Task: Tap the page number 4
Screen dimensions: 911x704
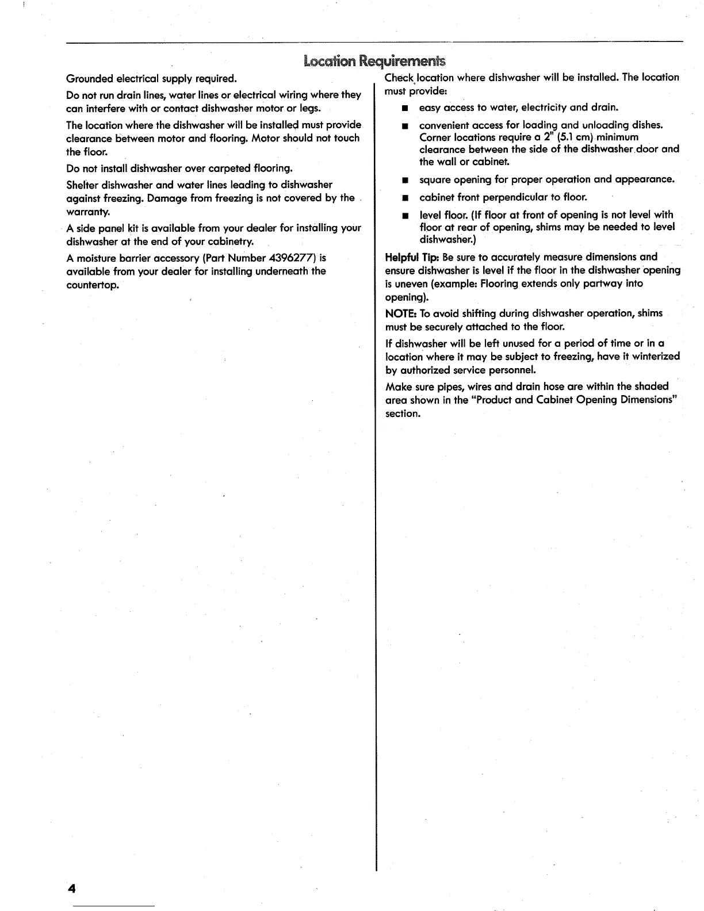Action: coord(71,889)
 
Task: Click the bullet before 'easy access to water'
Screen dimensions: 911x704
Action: coord(405,108)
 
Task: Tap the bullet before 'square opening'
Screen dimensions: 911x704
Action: coord(405,180)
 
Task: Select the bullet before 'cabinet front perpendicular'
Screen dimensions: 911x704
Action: coord(405,198)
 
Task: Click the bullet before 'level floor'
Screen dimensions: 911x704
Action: coord(405,216)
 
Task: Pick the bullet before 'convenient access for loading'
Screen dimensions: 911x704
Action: coord(405,126)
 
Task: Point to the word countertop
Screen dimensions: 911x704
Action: coord(92,285)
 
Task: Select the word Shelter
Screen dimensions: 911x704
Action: coord(82,185)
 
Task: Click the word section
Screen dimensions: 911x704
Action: coord(402,414)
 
